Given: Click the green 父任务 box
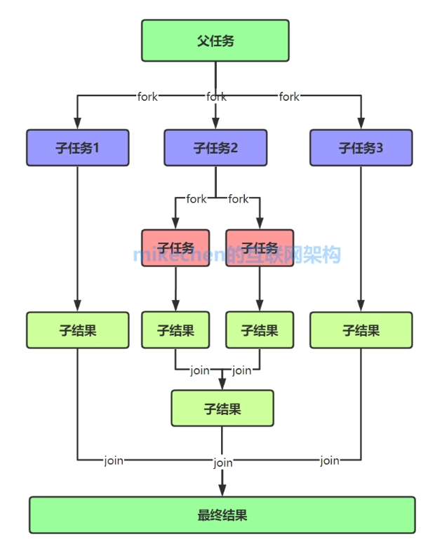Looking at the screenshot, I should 215,41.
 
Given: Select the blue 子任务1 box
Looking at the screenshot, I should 78,148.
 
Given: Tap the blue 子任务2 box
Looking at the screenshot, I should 215,148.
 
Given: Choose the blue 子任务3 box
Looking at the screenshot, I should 361,148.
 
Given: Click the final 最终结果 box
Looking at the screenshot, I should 222,515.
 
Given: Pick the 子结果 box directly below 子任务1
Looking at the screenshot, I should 78,330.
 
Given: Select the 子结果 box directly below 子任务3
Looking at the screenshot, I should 361,330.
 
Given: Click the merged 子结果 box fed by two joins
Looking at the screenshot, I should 222,409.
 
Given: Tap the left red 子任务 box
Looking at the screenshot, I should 175,248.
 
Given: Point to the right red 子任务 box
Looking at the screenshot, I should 260,248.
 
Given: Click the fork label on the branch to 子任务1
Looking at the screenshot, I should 147,97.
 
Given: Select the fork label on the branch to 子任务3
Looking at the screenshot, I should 289,97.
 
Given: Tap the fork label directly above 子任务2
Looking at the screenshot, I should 216,97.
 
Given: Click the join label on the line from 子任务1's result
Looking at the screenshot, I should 114,461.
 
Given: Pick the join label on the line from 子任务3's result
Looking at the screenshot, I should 330,461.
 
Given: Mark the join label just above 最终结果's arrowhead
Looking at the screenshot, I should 223,463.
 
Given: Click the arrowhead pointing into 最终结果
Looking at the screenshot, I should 222,490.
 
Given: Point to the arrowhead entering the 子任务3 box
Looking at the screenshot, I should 361,124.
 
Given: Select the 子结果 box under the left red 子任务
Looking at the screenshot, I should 175,330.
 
